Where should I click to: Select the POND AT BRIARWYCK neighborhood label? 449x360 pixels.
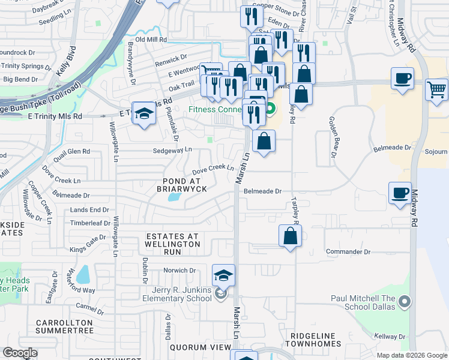176,184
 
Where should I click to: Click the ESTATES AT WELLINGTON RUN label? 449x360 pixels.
172,240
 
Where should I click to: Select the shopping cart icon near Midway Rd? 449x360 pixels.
436,90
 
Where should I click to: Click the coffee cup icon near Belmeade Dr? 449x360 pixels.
400,193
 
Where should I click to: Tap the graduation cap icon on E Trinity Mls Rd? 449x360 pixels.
144,113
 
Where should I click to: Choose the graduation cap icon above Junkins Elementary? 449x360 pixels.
223,275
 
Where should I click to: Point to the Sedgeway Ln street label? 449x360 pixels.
172,149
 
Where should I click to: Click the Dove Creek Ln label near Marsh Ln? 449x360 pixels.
212,168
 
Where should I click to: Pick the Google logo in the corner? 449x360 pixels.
20,353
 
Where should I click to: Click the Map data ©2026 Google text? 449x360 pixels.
411,355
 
